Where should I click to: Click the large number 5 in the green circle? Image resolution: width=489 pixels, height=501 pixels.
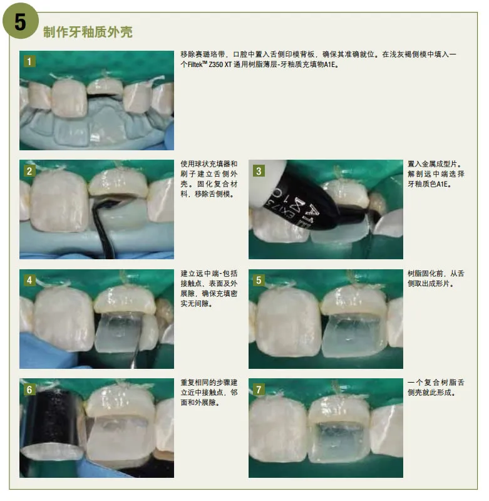[x=20, y=23]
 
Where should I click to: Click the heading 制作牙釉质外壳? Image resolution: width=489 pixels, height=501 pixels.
[x=88, y=32]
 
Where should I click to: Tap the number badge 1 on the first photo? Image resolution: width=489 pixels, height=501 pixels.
[x=29, y=61]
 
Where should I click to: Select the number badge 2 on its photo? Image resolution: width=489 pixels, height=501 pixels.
[x=29, y=171]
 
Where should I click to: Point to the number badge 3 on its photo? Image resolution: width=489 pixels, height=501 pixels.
[x=259, y=171]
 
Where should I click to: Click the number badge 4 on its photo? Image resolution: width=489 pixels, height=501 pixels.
[x=29, y=280]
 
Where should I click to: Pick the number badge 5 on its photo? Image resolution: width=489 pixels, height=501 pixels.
[x=259, y=280]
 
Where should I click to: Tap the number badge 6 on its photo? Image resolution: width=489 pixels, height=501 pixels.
[x=29, y=390]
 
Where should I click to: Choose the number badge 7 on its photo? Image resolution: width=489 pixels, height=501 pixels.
[x=259, y=390]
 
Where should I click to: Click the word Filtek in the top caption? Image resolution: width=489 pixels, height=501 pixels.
[x=195, y=65]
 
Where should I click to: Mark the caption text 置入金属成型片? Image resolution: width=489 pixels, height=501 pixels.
[x=433, y=164]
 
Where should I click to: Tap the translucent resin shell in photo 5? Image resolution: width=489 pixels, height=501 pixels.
[x=353, y=336]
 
